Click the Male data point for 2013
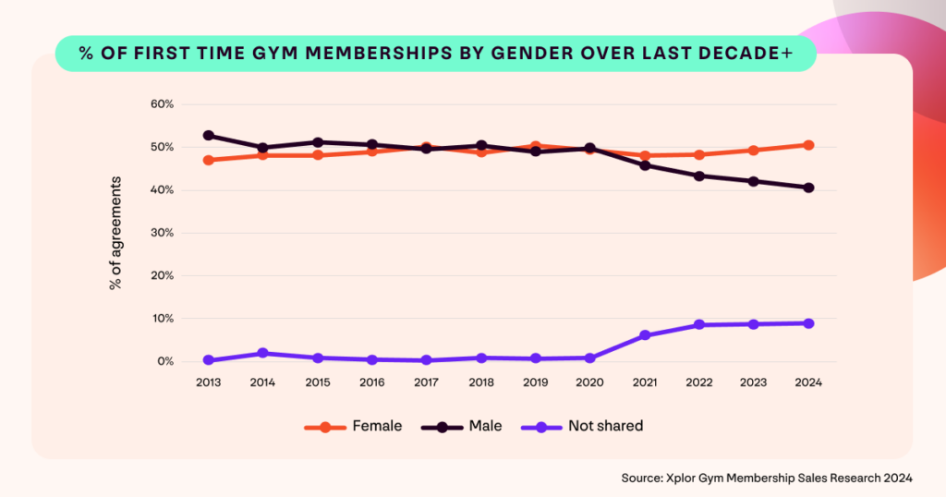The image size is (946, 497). click(209, 136)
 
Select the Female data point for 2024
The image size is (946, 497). click(808, 145)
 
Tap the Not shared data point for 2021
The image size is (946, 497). click(645, 335)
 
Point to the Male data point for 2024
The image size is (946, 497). click(808, 188)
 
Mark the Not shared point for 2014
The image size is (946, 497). click(263, 353)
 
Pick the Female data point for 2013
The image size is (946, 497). click(209, 160)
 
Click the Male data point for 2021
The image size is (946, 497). click(645, 165)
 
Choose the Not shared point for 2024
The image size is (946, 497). click(808, 323)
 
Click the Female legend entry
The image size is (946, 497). click(354, 426)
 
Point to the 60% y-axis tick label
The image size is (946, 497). click(162, 104)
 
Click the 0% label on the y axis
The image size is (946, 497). click(164, 361)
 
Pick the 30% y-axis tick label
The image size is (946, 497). click(162, 233)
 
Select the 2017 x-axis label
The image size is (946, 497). click(427, 382)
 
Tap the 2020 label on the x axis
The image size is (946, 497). click(590, 382)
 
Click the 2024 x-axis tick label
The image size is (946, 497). click(808, 382)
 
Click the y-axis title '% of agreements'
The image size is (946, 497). click(115, 232)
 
